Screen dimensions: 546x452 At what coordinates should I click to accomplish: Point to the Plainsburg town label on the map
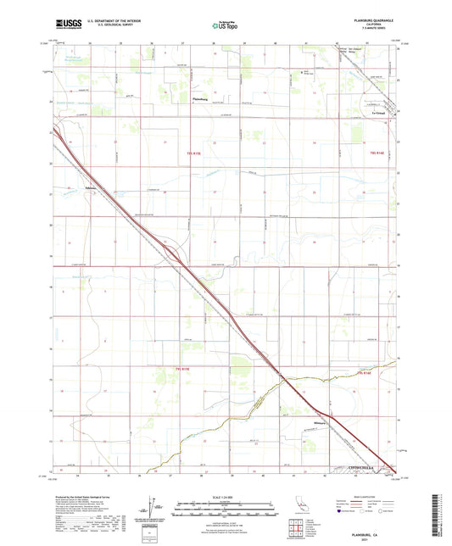[202, 100]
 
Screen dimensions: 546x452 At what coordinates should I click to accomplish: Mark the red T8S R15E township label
[194, 153]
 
